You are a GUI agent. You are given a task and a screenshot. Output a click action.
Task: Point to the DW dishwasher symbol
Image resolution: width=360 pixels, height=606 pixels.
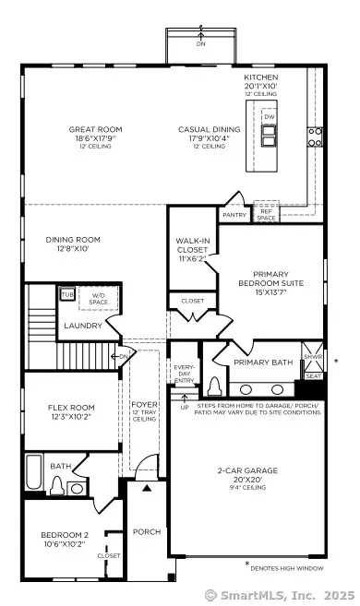(269, 118)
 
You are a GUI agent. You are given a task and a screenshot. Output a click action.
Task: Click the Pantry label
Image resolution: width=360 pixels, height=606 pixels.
(234, 214)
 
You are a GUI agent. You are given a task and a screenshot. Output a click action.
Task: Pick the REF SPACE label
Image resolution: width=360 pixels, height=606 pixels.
(266, 214)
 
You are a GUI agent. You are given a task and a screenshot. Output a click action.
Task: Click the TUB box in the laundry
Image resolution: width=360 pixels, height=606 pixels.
(67, 294)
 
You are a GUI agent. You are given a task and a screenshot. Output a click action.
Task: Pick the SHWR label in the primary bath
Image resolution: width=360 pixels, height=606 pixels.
(313, 356)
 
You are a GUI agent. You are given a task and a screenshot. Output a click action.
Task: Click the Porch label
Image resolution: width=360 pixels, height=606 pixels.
(146, 530)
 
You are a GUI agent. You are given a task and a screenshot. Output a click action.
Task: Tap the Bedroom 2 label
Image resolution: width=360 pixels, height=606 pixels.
(64, 540)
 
